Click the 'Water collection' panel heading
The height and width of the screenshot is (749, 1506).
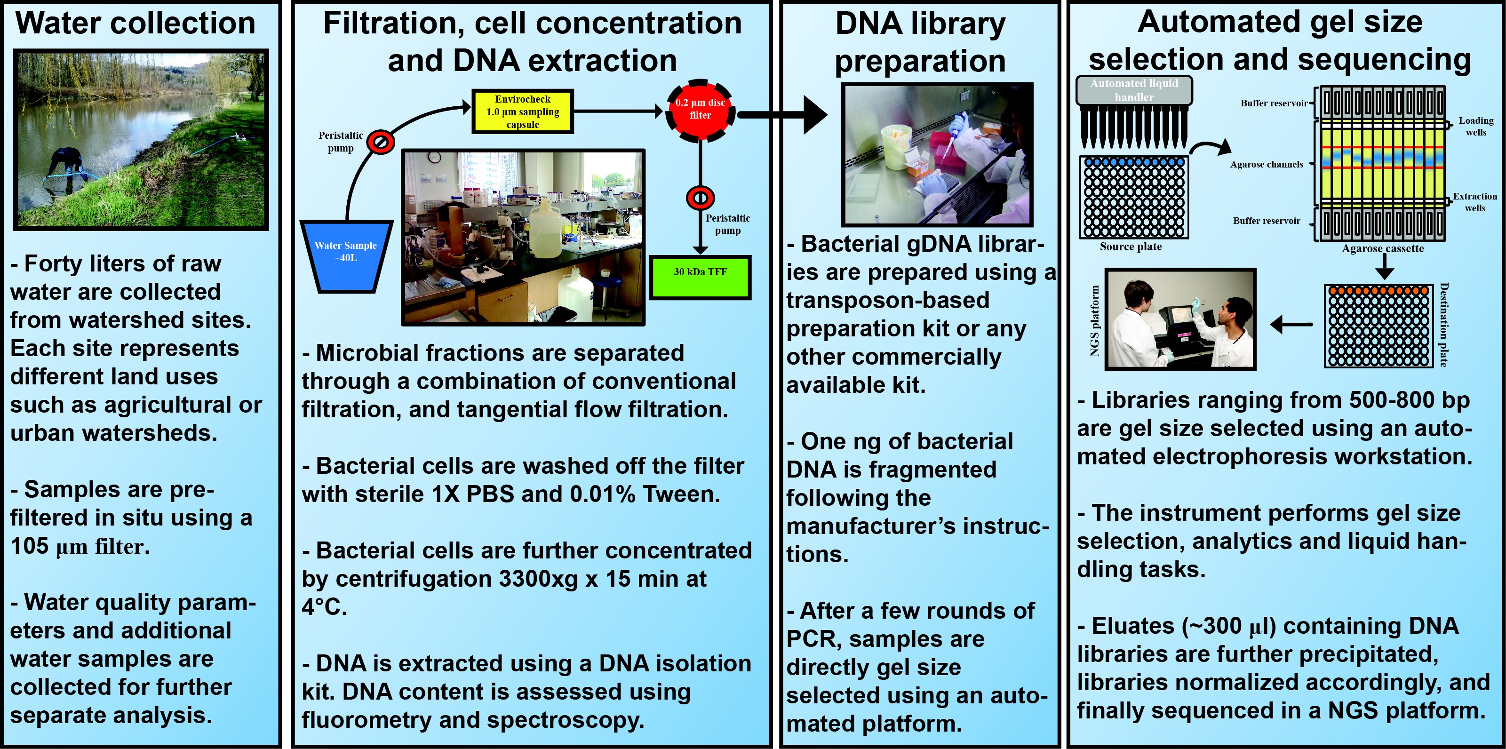(135, 24)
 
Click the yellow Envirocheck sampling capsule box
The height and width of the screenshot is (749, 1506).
(522, 111)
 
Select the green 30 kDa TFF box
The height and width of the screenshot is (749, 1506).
(700, 277)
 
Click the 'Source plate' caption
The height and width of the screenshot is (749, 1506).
(1130, 247)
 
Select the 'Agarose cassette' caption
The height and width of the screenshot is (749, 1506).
(1382, 248)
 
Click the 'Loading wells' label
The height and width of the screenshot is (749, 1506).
(1475, 126)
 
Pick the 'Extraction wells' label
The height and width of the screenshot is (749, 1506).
(1474, 202)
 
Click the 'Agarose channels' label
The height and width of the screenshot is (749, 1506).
(1267, 164)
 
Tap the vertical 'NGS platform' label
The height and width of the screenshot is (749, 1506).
(1094, 320)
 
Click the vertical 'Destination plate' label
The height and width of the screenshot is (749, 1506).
(1443, 325)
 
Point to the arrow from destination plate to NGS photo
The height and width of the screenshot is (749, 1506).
(1291, 324)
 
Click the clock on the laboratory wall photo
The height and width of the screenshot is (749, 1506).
(434, 157)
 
